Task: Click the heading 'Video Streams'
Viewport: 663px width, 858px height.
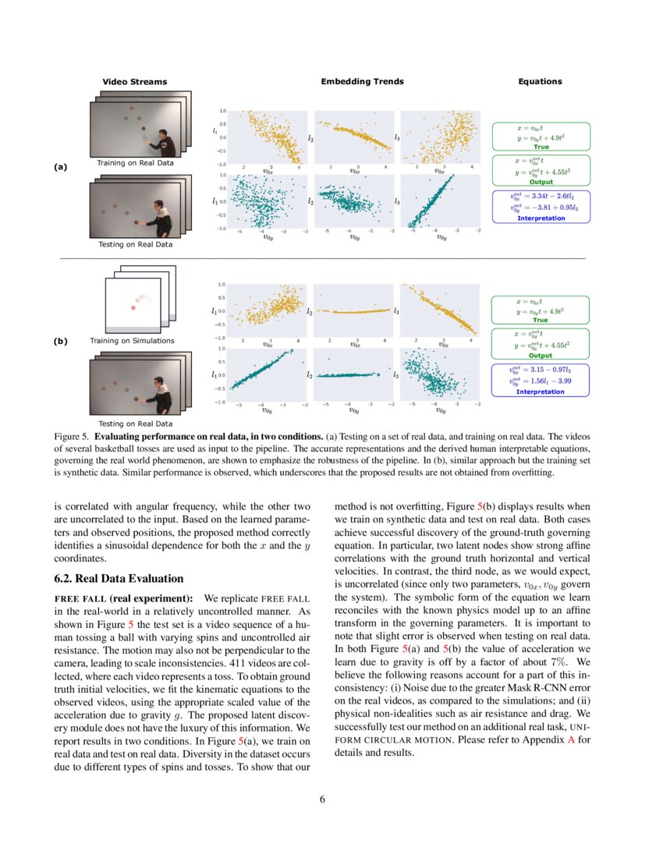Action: tap(134, 82)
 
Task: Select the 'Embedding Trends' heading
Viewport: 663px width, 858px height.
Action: tap(362, 81)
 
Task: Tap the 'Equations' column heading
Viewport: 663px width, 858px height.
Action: tap(540, 81)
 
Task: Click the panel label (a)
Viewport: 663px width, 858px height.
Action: tap(60, 166)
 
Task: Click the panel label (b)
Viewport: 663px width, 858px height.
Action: tap(60, 341)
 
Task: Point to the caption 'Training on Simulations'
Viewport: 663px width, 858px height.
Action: tap(132, 341)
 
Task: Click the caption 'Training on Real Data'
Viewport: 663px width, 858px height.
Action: tap(134, 163)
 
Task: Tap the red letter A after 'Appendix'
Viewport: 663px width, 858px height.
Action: tap(571, 739)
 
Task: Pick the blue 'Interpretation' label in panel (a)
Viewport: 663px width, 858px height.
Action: tap(541, 218)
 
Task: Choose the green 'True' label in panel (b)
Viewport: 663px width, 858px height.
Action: tap(541, 320)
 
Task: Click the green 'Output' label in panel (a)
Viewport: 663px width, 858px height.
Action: tap(541, 182)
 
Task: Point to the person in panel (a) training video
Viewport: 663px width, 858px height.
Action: tap(161, 142)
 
